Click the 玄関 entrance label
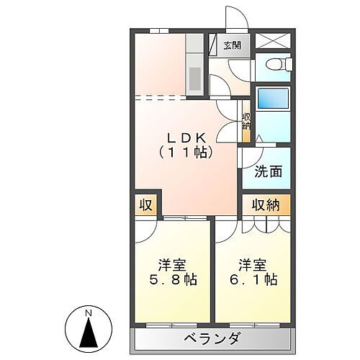[231, 47]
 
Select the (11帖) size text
[185, 153]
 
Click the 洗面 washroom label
[267, 172]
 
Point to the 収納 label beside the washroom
[266, 204]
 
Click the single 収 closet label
[145, 204]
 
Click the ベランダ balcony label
[212, 338]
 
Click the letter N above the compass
[89, 314]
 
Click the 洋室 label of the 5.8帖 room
[172, 262]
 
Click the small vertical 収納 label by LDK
[246, 121]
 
